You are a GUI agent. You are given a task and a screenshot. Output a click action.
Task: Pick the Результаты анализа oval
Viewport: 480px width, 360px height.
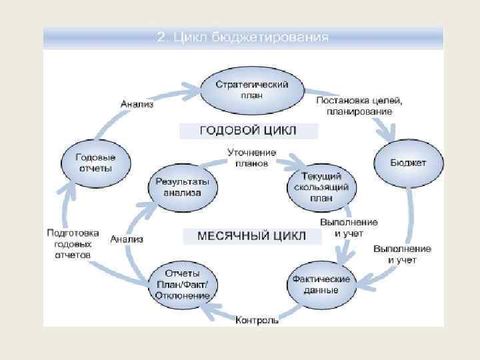pos(182,187)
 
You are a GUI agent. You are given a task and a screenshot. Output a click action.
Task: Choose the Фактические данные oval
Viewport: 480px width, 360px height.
pos(323,284)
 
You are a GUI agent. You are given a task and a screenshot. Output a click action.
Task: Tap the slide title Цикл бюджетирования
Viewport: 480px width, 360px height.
pos(243,37)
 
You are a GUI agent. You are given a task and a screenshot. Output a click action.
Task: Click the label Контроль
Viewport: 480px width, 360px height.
pos(257,321)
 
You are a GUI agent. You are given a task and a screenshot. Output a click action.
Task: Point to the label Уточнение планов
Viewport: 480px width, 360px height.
pos(251,157)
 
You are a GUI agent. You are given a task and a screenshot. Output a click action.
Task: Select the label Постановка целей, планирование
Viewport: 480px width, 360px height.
pos(359,105)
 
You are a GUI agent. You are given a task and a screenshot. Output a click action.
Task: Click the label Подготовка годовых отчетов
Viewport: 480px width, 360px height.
pos(73,243)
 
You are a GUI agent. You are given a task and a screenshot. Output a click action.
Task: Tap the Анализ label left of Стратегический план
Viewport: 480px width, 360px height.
pos(137,104)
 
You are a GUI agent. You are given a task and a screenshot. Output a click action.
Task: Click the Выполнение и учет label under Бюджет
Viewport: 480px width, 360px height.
pos(402,254)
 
